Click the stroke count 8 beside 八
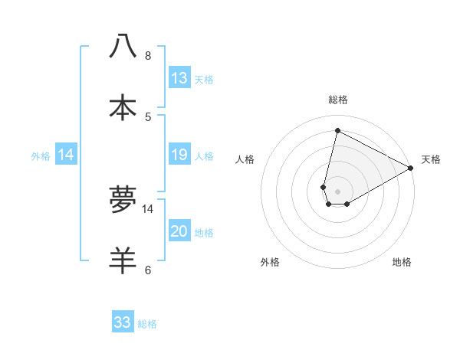point(148,56)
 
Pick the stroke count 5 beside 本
point(148,117)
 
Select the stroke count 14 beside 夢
point(149,209)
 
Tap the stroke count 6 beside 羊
point(148,270)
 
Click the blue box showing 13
point(179,78)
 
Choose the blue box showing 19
point(179,155)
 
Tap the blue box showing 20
point(179,231)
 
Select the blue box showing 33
point(123,322)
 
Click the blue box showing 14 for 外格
point(66,155)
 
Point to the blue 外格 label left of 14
point(41,155)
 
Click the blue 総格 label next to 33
point(147,324)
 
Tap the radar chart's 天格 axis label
point(431,159)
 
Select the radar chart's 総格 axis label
point(338,100)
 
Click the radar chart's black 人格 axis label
point(245,159)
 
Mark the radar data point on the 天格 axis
point(411,169)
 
